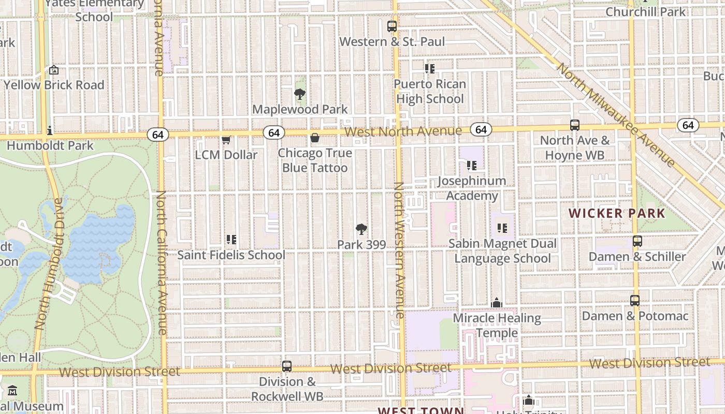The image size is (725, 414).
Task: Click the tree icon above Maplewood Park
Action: coord(299,94)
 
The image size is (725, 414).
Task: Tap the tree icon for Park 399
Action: coord(361,230)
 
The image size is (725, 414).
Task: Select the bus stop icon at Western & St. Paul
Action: coord(392,26)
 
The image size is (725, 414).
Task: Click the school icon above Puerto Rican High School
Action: coord(429,68)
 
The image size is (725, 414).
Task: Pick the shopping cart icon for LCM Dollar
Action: coord(226,140)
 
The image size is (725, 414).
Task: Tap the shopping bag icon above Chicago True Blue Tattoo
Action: coord(314,138)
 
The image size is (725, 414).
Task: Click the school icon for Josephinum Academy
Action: coord(472,166)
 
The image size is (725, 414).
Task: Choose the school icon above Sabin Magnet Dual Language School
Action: coord(502,228)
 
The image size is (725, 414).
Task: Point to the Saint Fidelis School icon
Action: coord(231,240)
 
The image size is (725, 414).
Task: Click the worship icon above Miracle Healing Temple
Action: coord(497,303)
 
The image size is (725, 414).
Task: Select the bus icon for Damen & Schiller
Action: coord(637,241)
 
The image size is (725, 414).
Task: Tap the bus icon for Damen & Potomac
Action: coord(635,301)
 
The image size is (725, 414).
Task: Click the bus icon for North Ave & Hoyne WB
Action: coord(575,125)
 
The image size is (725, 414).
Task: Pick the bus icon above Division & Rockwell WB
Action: coord(287,366)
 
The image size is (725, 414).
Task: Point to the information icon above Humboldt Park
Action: coord(50,130)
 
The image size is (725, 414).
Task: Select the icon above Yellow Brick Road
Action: coord(54,70)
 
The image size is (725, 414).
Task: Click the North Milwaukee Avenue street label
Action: coord(616,115)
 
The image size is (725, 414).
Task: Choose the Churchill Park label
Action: coord(645,11)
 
